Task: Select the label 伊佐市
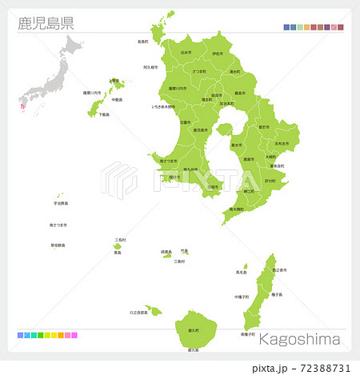point(218,54)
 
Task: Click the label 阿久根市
point(152,68)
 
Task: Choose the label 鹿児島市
point(201,130)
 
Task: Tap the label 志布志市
point(282,143)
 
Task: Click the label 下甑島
point(104,114)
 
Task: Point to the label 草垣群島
point(58,245)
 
